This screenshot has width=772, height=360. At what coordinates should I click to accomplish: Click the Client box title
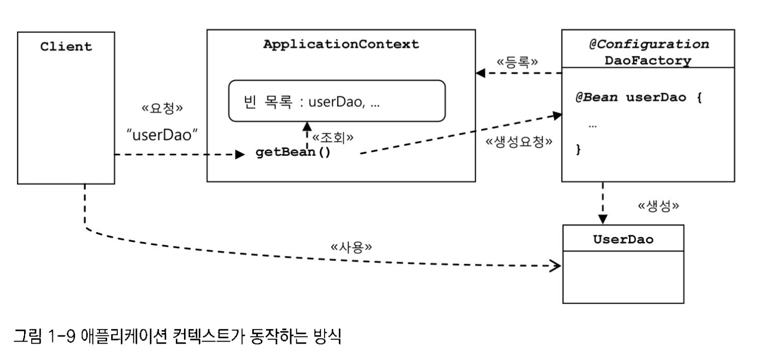[66, 47]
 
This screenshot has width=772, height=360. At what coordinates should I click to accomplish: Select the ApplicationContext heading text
[341, 44]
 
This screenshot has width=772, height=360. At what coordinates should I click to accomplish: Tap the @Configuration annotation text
[648, 44]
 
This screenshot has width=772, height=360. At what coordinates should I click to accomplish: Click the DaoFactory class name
[648, 61]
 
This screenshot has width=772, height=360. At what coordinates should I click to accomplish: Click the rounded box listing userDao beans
[337, 101]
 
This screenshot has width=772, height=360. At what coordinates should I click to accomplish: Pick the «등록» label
[518, 62]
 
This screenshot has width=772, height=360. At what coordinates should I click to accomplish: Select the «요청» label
[162, 109]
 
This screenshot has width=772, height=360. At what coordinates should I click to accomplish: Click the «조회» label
[333, 137]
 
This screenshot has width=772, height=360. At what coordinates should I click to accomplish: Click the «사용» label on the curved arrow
[351, 247]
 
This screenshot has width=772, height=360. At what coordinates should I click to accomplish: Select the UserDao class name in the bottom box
[623, 239]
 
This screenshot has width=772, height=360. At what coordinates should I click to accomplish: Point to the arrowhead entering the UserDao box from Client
[556, 266]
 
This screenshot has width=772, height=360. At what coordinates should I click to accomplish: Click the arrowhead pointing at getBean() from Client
[240, 154]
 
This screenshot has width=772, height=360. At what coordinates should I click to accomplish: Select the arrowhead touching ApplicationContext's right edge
[480, 73]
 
